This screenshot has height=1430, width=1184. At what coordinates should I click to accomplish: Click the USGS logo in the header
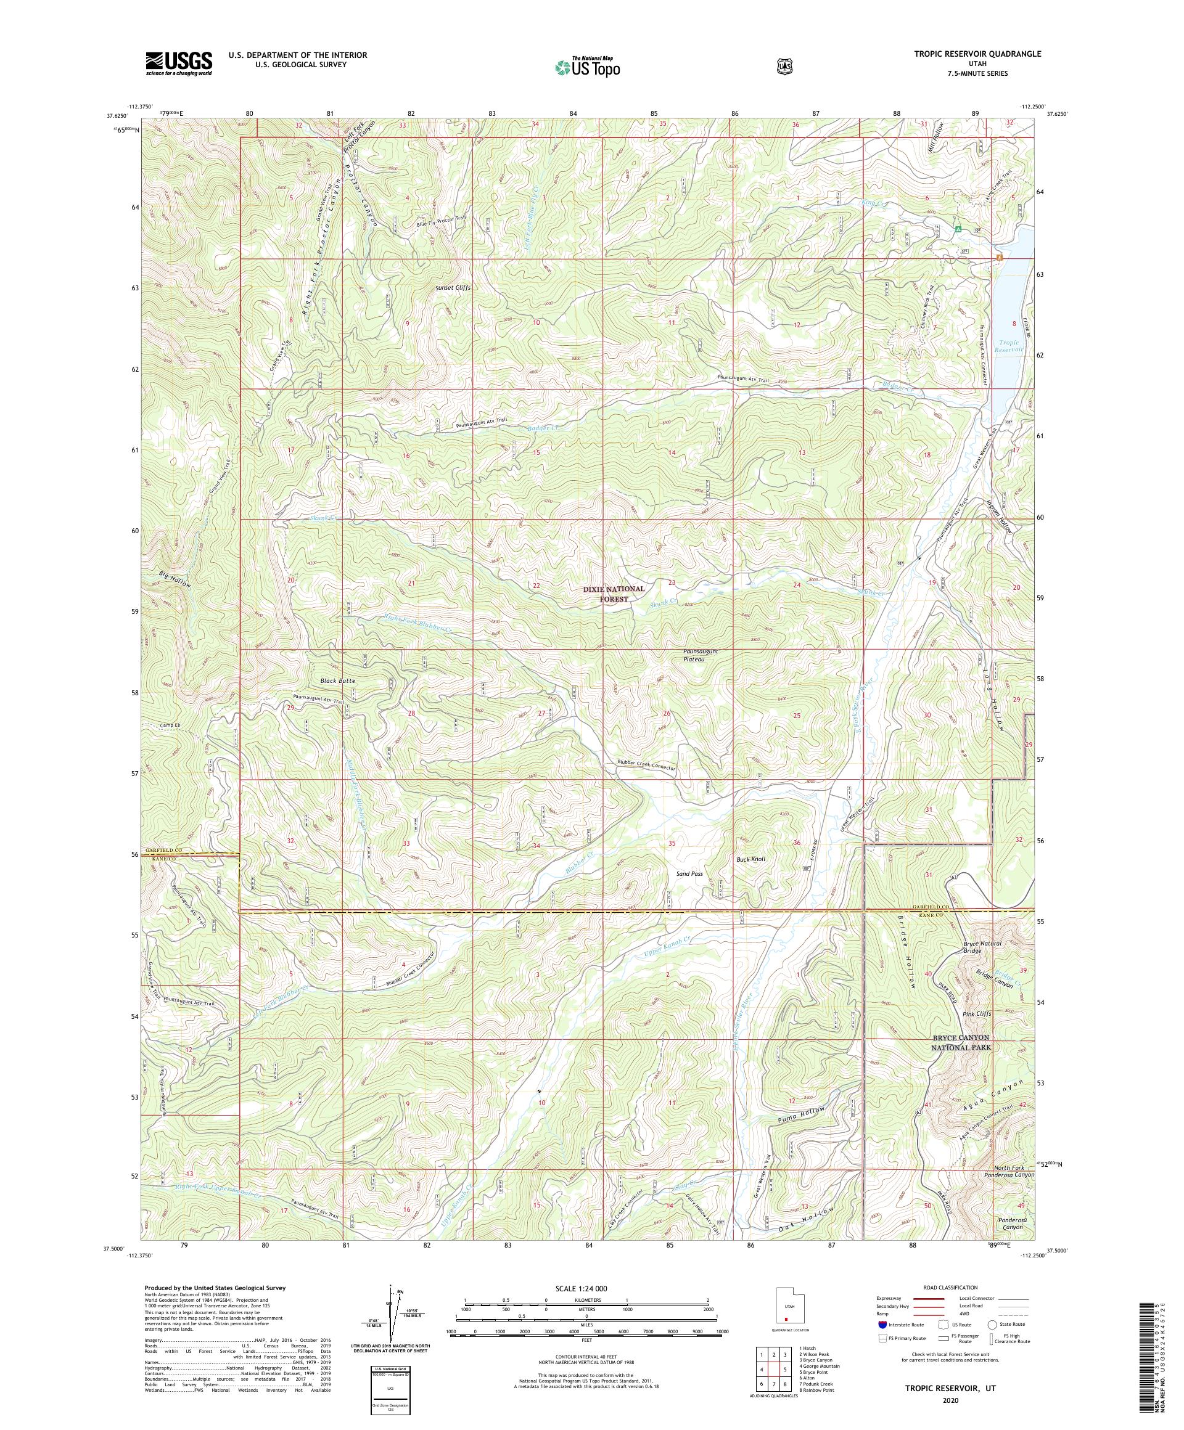(178, 64)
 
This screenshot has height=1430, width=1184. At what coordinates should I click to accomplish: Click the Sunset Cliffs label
(453, 288)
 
